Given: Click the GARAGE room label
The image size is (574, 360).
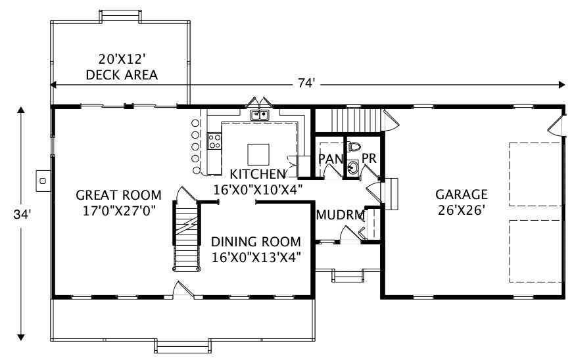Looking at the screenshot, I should (461, 194).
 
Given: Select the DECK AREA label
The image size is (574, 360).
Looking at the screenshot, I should (122, 75).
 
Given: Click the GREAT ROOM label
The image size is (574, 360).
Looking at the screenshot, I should (118, 195).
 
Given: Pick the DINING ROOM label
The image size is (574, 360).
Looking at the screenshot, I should (256, 242).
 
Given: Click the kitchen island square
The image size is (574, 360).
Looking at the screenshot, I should (258, 154).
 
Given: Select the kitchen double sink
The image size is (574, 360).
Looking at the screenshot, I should (260, 116).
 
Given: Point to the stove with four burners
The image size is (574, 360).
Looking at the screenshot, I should (214, 139).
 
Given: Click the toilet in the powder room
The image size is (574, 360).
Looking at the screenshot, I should (355, 146).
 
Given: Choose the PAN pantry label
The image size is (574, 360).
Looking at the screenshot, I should (331, 159).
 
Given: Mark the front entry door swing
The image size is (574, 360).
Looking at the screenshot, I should (181, 289).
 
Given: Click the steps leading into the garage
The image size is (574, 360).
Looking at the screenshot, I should (391, 193).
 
